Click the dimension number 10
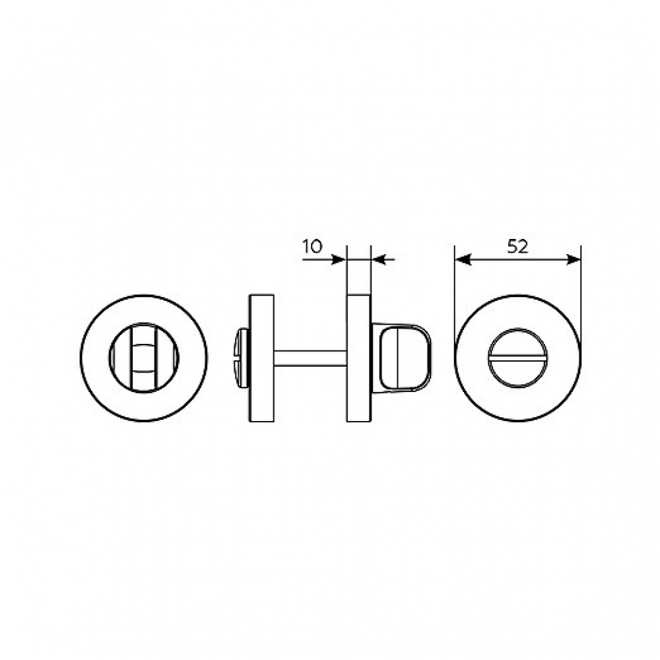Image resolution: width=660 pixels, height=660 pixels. [x=312, y=246]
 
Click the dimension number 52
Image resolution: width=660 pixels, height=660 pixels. [x=517, y=246]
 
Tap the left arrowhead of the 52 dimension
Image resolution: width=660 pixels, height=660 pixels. [x=463, y=259]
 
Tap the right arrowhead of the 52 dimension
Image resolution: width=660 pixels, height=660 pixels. [x=573, y=259]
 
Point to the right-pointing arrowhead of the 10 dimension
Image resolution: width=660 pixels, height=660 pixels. [x=339, y=259]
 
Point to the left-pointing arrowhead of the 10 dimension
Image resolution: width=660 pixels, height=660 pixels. [x=379, y=259]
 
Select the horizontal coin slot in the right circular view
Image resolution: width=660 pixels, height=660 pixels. [x=517, y=358]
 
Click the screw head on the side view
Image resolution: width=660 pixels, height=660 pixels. [x=242, y=357]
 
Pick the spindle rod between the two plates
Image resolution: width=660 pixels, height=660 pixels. [x=310, y=357]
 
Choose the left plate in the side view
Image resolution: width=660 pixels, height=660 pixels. [x=261, y=358]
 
